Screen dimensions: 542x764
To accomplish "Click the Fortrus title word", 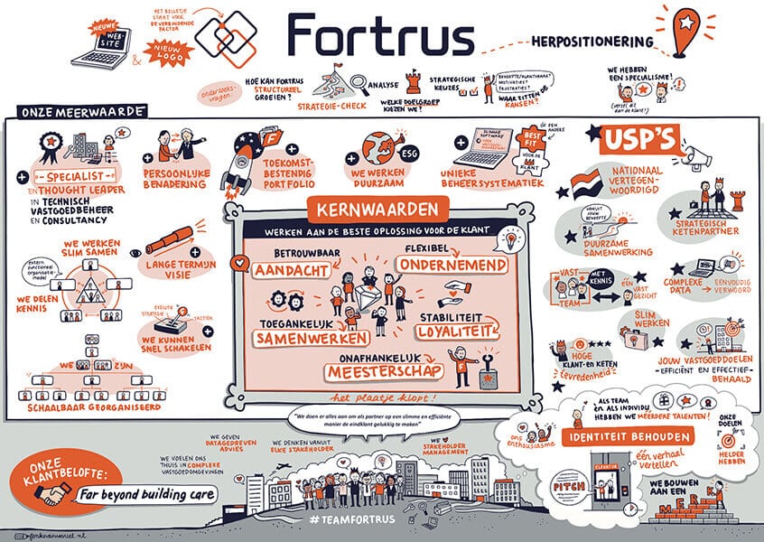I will (381, 37).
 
